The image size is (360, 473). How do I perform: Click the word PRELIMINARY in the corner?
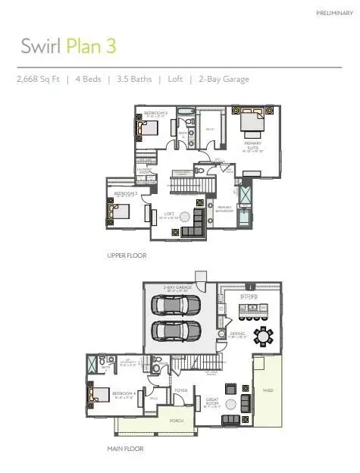334,13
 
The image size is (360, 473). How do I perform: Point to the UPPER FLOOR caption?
127,255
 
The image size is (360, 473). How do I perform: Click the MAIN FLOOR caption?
125,449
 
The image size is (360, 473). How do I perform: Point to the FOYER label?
181,391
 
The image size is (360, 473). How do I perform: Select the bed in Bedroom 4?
96,396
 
